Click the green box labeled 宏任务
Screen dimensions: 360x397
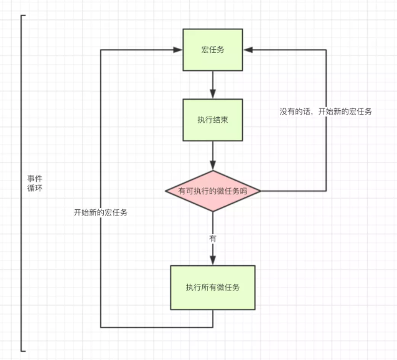pos(213,50)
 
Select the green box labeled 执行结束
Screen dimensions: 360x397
pos(213,120)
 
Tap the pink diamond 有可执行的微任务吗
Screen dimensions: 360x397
pos(213,191)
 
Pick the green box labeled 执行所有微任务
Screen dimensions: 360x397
pos(213,287)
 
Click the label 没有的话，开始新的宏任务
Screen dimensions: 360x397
pos(326,111)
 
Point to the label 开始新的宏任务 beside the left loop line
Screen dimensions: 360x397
pos(101,212)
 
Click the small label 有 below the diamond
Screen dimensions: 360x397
pos(213,239)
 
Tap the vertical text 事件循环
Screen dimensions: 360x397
pos(35,183)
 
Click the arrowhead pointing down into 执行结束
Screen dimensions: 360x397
pos(213,94)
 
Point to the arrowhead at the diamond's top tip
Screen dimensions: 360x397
pos(213,166)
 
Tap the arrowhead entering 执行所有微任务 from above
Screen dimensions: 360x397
pos(213,261)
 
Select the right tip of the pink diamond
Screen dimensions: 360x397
pos(259,191)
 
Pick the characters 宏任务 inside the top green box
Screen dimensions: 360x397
pos(213,50)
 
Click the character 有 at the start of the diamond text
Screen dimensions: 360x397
pos(182,191)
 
